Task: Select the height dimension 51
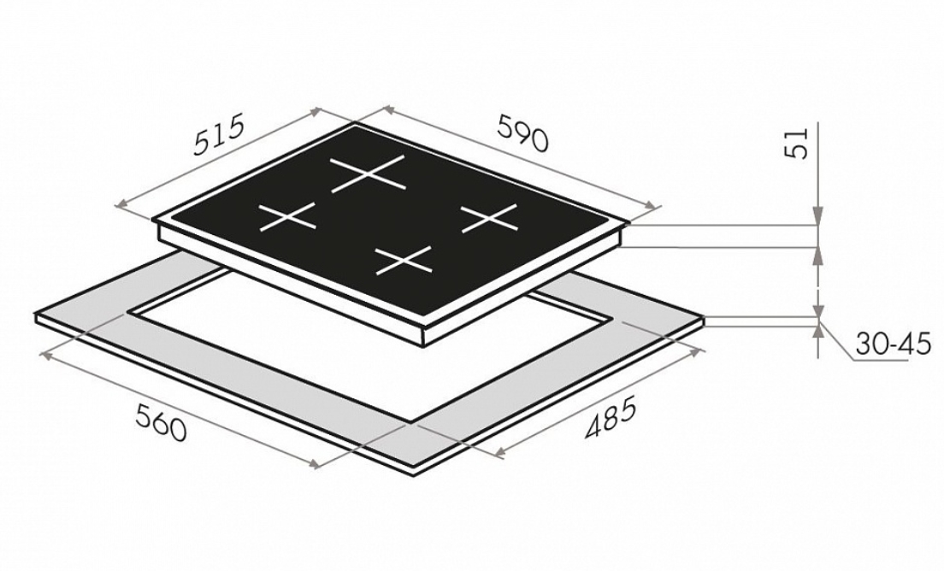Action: [796, 144]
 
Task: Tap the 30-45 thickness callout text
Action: [893, 345]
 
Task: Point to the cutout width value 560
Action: [160, 422]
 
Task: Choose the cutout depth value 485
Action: [610, 418]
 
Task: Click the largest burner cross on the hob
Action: [368, 174]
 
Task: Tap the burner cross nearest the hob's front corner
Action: [403, 261]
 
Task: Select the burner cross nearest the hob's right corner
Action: [489, 218]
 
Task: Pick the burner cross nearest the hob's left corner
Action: [287, 216]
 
